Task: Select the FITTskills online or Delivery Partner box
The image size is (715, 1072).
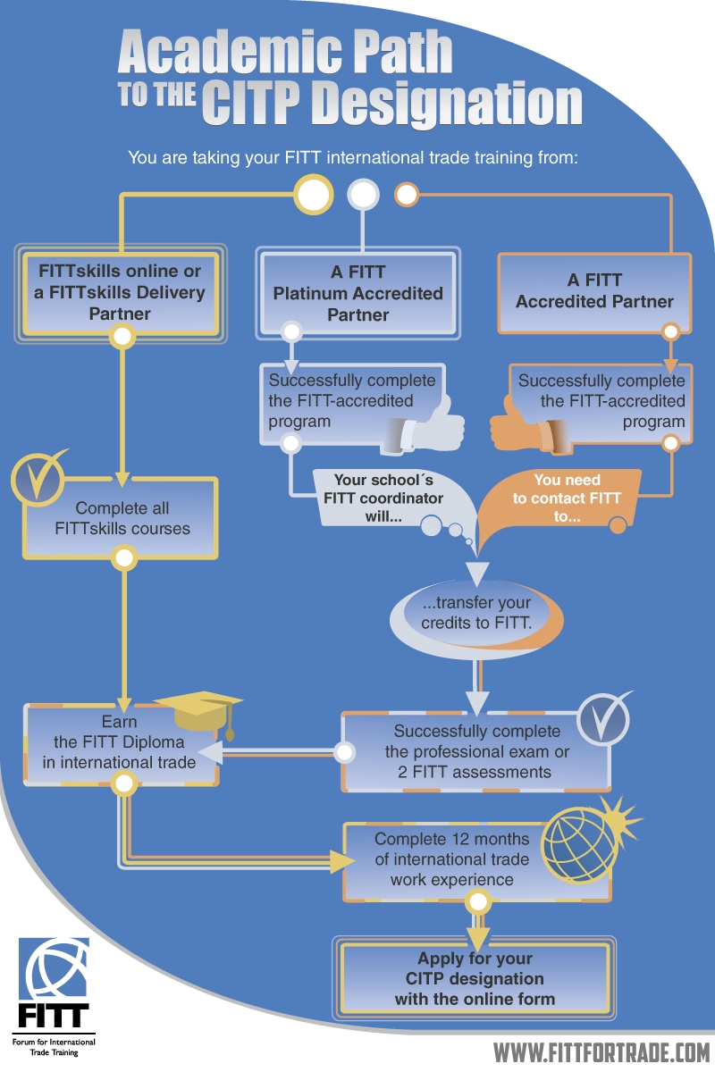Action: point(121,292)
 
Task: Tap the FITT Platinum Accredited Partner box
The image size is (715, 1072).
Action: point(357,292)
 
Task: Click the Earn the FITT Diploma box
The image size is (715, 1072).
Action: point(121,741)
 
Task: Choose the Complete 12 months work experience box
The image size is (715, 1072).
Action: point(451,859)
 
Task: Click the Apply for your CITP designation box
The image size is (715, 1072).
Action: point(475,978)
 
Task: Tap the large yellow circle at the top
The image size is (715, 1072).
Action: point(314,194)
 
